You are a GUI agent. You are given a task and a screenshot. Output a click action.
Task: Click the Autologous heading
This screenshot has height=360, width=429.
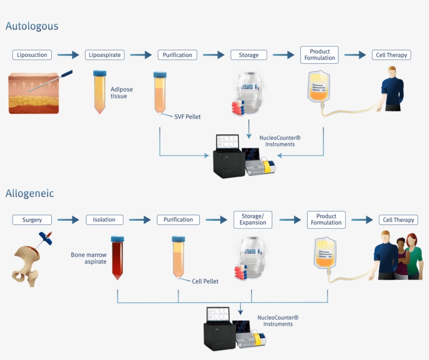click(x=32, y=26)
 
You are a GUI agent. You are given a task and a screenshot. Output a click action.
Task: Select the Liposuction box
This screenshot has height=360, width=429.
click(x=32, y=55)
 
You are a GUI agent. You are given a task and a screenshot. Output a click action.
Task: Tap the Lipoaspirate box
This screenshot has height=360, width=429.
click(x=105, y=55)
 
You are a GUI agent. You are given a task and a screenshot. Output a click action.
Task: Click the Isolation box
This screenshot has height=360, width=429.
click(x=105, y=220)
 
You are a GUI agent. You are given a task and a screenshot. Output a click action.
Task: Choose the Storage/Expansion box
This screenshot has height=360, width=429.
click(x=253, y=220)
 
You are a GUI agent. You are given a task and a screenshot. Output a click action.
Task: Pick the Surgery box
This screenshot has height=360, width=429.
click(x=32, y=220)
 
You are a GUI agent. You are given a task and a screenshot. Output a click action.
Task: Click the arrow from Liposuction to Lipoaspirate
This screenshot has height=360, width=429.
click(x=68, y=55)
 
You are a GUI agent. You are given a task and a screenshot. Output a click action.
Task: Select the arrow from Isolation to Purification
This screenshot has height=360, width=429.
click(x=140, y=220)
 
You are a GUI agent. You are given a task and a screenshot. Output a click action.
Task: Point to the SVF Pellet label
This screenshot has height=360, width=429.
click(x=187, y=117)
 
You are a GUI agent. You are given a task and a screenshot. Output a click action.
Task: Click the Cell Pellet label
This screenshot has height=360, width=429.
click(x=205, y=282)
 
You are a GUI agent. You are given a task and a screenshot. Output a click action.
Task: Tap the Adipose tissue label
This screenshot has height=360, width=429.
click(x=122, y=93)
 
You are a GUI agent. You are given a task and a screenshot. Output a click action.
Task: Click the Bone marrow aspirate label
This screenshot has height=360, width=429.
click(x=88, y=258)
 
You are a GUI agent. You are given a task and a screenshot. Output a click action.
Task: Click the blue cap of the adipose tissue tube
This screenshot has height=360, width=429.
click(x=100, y=73)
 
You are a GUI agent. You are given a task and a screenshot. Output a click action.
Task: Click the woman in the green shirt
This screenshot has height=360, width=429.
click(x=413, y=256)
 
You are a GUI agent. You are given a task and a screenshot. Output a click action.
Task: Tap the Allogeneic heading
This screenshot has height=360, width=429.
click(x=30, y=194)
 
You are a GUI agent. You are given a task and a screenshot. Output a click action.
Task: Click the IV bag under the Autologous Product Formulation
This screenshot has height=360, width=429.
click(x=319, y=87)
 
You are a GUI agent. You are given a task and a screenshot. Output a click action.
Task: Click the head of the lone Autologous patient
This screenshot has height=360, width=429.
click(x=392, y=72)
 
